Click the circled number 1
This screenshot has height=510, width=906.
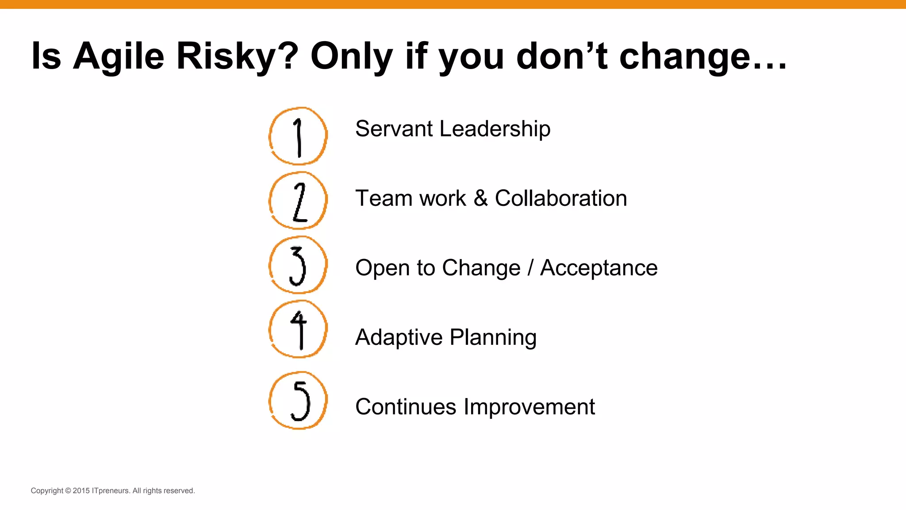click(x=298, y=136)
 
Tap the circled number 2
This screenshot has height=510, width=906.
click(x=298, y=201)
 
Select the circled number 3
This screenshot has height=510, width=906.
click(x=298, y=265)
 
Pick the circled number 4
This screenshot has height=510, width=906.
click(x=298, y=329)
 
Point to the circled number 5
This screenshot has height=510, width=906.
click(x=298, y=401)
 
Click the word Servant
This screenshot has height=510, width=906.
click(x=394, y=129)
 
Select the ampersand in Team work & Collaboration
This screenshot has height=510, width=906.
click(x=480, y=198)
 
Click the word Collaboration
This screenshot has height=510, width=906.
click(x=560, y=198)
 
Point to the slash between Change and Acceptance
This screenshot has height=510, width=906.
click(x=530, y=268)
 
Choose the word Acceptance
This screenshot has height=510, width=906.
click(x=599, y=268)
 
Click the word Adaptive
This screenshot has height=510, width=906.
click(x=399, y=338)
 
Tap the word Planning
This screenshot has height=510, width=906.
click(x=493, y=338)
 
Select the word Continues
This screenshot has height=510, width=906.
click(x=405, y=407)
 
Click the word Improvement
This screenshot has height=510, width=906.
click(x=529, y=407)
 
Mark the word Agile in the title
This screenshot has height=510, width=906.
click(x=119, y=57)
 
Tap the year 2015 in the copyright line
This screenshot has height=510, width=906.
click(x=81, y=491)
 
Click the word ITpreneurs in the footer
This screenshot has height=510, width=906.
click(x=111, y=491)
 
